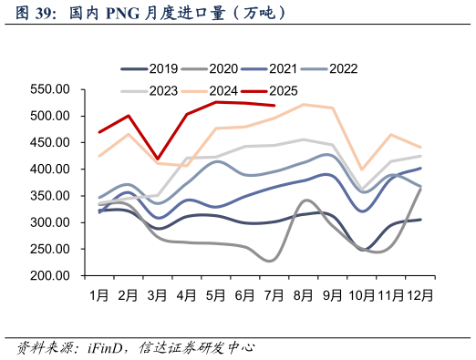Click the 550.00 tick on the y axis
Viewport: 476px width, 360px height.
click(51, 89)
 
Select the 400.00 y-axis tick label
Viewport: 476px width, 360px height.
click(51, 170)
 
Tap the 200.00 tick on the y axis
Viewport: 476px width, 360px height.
click(51, 276)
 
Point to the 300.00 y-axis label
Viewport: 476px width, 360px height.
click(51, 222)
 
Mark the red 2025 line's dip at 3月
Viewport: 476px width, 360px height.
click(158, 159)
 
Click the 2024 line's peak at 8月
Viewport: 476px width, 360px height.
click(304, 105)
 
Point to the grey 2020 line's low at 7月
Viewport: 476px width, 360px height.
click(272, 261)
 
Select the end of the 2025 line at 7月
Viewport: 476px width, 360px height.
click(274, 106)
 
